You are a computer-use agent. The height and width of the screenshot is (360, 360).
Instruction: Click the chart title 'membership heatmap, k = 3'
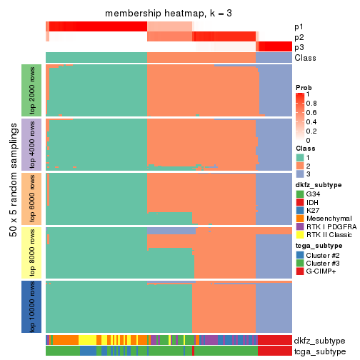[168, 14]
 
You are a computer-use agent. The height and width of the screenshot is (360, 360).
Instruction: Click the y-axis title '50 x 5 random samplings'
[12, 199]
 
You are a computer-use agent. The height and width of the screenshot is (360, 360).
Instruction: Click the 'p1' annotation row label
[298, 26]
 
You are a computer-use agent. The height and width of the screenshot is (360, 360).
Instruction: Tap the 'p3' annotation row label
[298, 47]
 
